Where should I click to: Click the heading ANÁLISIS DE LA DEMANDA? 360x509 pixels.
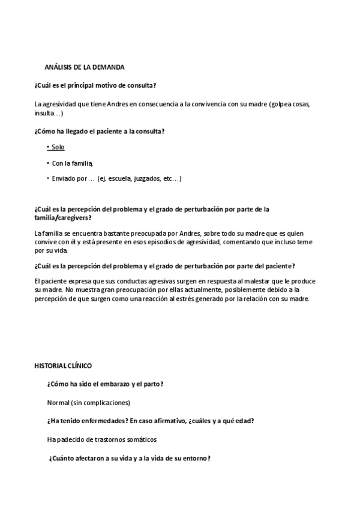[85, 67]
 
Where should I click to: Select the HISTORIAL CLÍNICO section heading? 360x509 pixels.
[63, 366]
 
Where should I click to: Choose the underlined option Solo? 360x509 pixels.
[57, 147]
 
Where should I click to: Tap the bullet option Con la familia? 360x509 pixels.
[72, 163]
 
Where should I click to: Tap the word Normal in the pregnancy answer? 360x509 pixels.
[58, 402]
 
